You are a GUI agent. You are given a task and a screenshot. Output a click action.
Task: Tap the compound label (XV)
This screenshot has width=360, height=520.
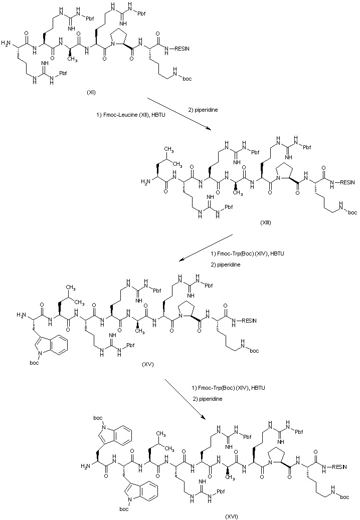tap(147, 364)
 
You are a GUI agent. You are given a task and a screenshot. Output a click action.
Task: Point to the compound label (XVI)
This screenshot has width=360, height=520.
tap(231, 515)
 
